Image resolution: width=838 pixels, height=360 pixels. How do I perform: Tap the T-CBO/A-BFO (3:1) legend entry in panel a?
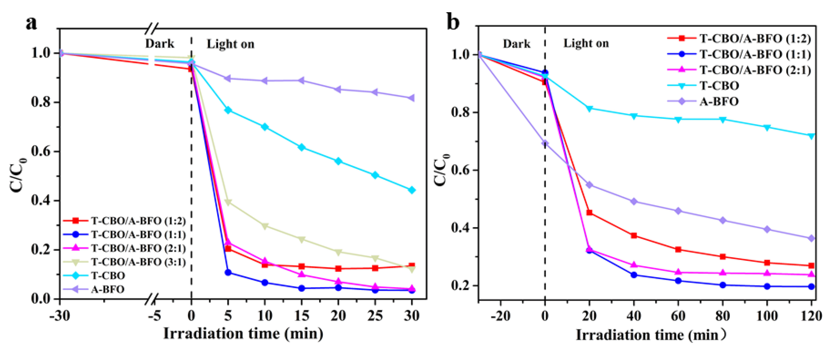pyautogui.click(x=138, y=262)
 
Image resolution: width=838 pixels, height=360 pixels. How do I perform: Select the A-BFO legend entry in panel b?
pyautogui.click(x=719, y=101)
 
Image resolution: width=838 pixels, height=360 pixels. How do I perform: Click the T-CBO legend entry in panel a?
pyautogui.click(x=108, y=275)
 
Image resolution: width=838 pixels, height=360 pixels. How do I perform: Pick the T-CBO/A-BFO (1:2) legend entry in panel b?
pyautogui.click(x=755, y=38)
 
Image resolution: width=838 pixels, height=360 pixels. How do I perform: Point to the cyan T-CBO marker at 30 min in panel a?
pyautogui.click(x=411, y=190)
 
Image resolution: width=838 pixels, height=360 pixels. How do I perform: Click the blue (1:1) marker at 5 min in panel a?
pyautogui.click(x=228, y=272)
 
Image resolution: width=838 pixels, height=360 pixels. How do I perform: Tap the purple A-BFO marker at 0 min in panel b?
pyautogui.click(x=545, y=143)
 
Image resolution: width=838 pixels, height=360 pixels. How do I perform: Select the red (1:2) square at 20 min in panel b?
pyautogui.click(x=589, y=213)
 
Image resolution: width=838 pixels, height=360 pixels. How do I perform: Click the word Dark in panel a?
pyautogui.click(x=159, y=44)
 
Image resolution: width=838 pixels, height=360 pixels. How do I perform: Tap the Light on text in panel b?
pyautogui.click(x=586, y=43)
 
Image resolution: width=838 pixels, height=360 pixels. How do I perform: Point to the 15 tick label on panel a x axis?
pyautogui.click(x=301, y=315)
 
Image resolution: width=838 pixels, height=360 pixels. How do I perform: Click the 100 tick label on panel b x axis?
pyautogui.click(x=767, y=316)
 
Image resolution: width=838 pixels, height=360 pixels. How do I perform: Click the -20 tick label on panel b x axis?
pyautogui.click(x=500, y=316)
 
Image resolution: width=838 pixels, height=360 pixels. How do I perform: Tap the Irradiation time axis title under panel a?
pyautogui.click(x=243, y=334)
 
